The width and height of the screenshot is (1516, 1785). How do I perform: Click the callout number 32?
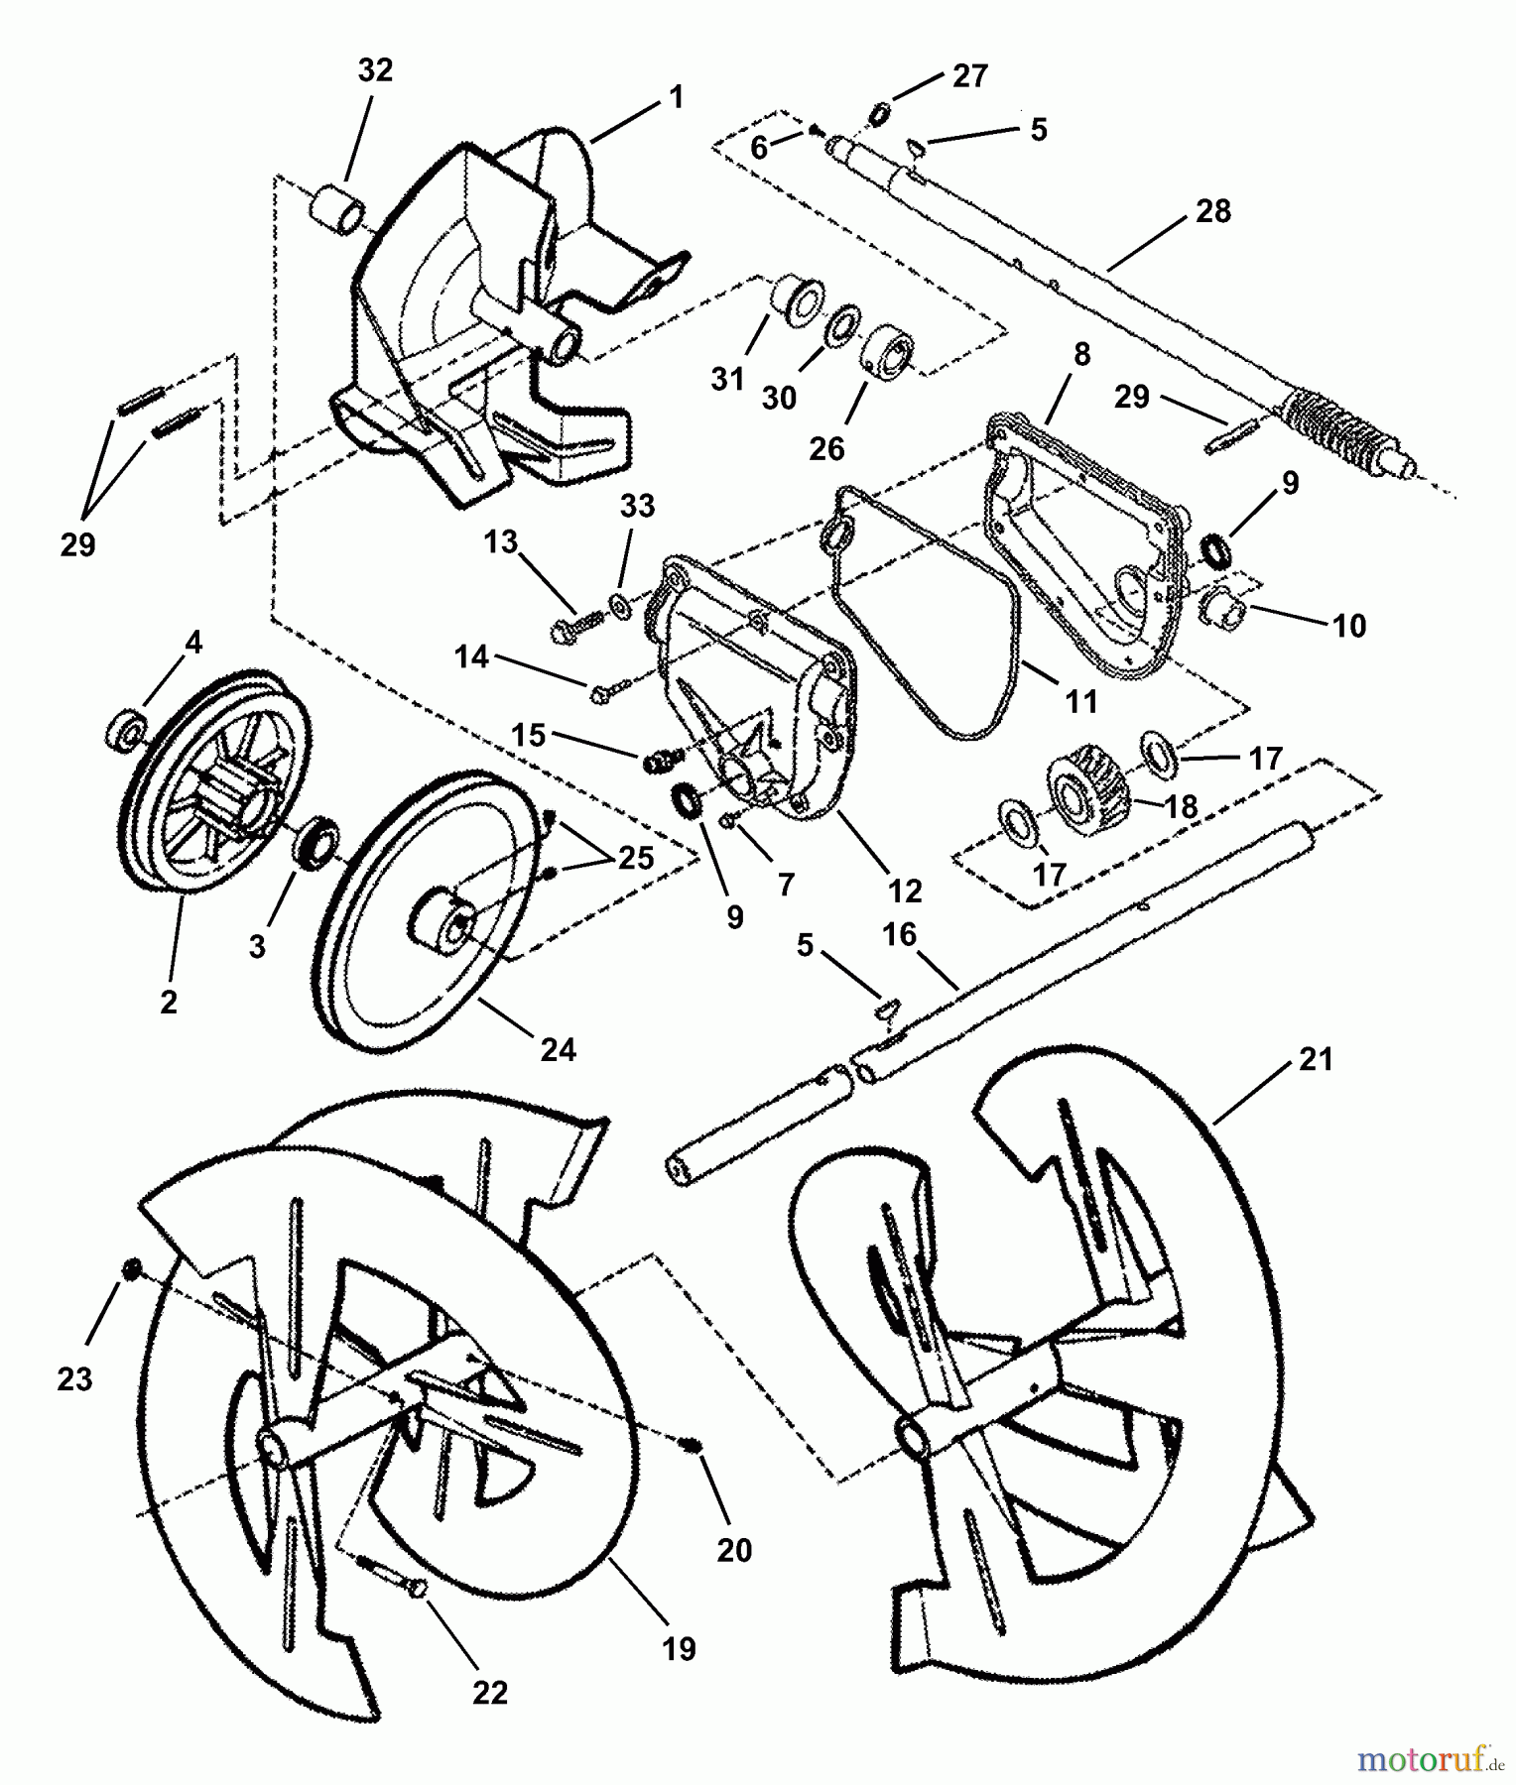click(375, 70)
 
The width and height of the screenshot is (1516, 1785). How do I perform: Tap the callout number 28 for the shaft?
click(1213, 211)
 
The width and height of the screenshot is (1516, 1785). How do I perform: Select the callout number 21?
click(1316, 1060)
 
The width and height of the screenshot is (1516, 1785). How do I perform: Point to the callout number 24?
click(558, 1049)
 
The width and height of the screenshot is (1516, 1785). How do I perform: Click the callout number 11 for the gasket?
click(1080, 702)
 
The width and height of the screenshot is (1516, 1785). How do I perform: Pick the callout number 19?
click(680, 1648)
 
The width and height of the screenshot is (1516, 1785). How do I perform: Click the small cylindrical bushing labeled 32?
click(337, 211)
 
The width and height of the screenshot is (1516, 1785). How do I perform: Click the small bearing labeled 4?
click(126, 731)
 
